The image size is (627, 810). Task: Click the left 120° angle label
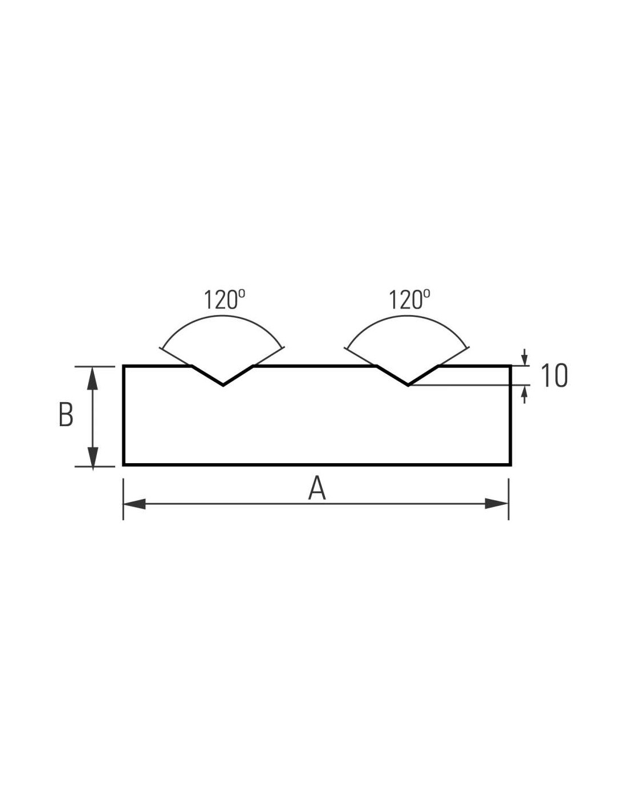[224, 300]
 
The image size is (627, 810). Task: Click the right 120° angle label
[409, 300]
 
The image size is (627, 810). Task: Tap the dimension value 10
[554, 375]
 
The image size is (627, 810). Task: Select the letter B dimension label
[66, 415]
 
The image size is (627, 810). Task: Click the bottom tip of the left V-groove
[223, 385]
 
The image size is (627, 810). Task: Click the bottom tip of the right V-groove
[408, 385]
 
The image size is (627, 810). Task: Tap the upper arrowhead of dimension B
[92, 378]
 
